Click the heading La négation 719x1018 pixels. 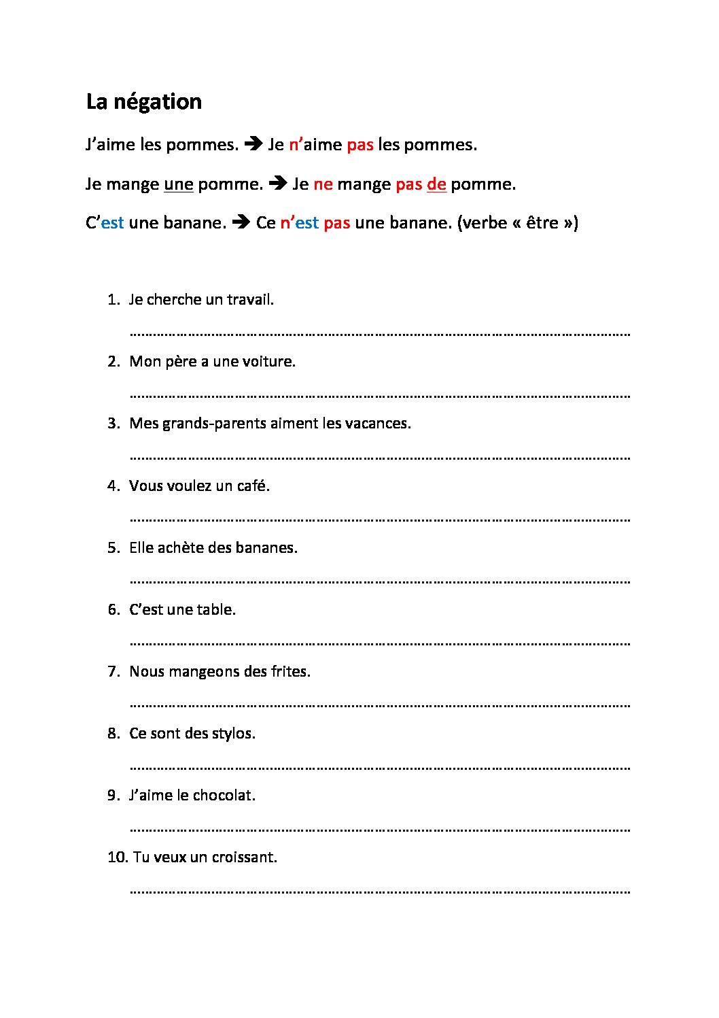143,102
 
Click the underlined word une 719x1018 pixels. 179,184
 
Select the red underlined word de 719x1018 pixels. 436,184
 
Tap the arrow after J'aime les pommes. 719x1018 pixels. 253,144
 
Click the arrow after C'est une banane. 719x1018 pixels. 241,222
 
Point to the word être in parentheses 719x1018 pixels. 542,223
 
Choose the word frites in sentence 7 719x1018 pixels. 290,672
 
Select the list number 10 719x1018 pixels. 117,858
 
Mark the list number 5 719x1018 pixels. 113,548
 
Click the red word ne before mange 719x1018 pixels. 323,184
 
